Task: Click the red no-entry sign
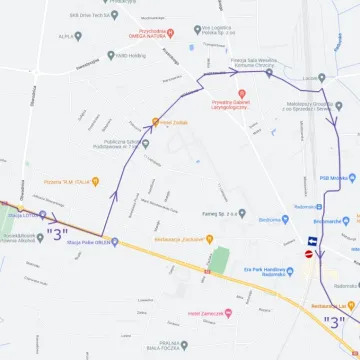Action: click(x=309, y=254)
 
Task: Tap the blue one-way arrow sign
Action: click(x=313, y=241)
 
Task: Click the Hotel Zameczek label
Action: click(x=204, y=314)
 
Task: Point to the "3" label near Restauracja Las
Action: click(x=336, y=321)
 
